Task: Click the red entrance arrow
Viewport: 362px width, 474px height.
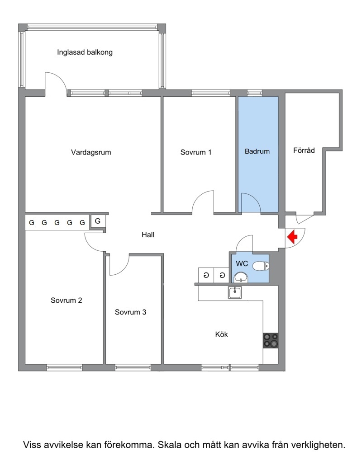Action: (292, 237)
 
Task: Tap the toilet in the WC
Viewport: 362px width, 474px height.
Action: (261, 266)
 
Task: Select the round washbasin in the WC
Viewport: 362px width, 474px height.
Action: (241, 277)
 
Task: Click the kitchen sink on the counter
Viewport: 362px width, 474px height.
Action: (235, 293)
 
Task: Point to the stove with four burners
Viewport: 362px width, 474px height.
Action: (270, 340)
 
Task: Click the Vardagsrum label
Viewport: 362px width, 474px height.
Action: (91, 152)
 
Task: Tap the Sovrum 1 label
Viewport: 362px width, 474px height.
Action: (196, 152)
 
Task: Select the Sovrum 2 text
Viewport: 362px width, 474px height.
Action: (66, 300)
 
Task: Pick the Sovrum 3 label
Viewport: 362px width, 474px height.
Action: (130, 312)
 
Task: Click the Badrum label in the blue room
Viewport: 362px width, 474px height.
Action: (257, 151)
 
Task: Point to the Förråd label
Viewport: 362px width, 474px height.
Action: (304, 150)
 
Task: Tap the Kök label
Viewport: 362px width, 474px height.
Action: (222, 334)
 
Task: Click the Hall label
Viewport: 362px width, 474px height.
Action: (148, 235)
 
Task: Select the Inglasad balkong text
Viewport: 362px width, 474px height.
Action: (85, 52)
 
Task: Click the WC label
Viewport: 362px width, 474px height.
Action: (242, 263)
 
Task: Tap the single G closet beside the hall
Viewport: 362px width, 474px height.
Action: (98, 221)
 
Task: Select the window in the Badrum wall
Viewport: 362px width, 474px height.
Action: (255, 93)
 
